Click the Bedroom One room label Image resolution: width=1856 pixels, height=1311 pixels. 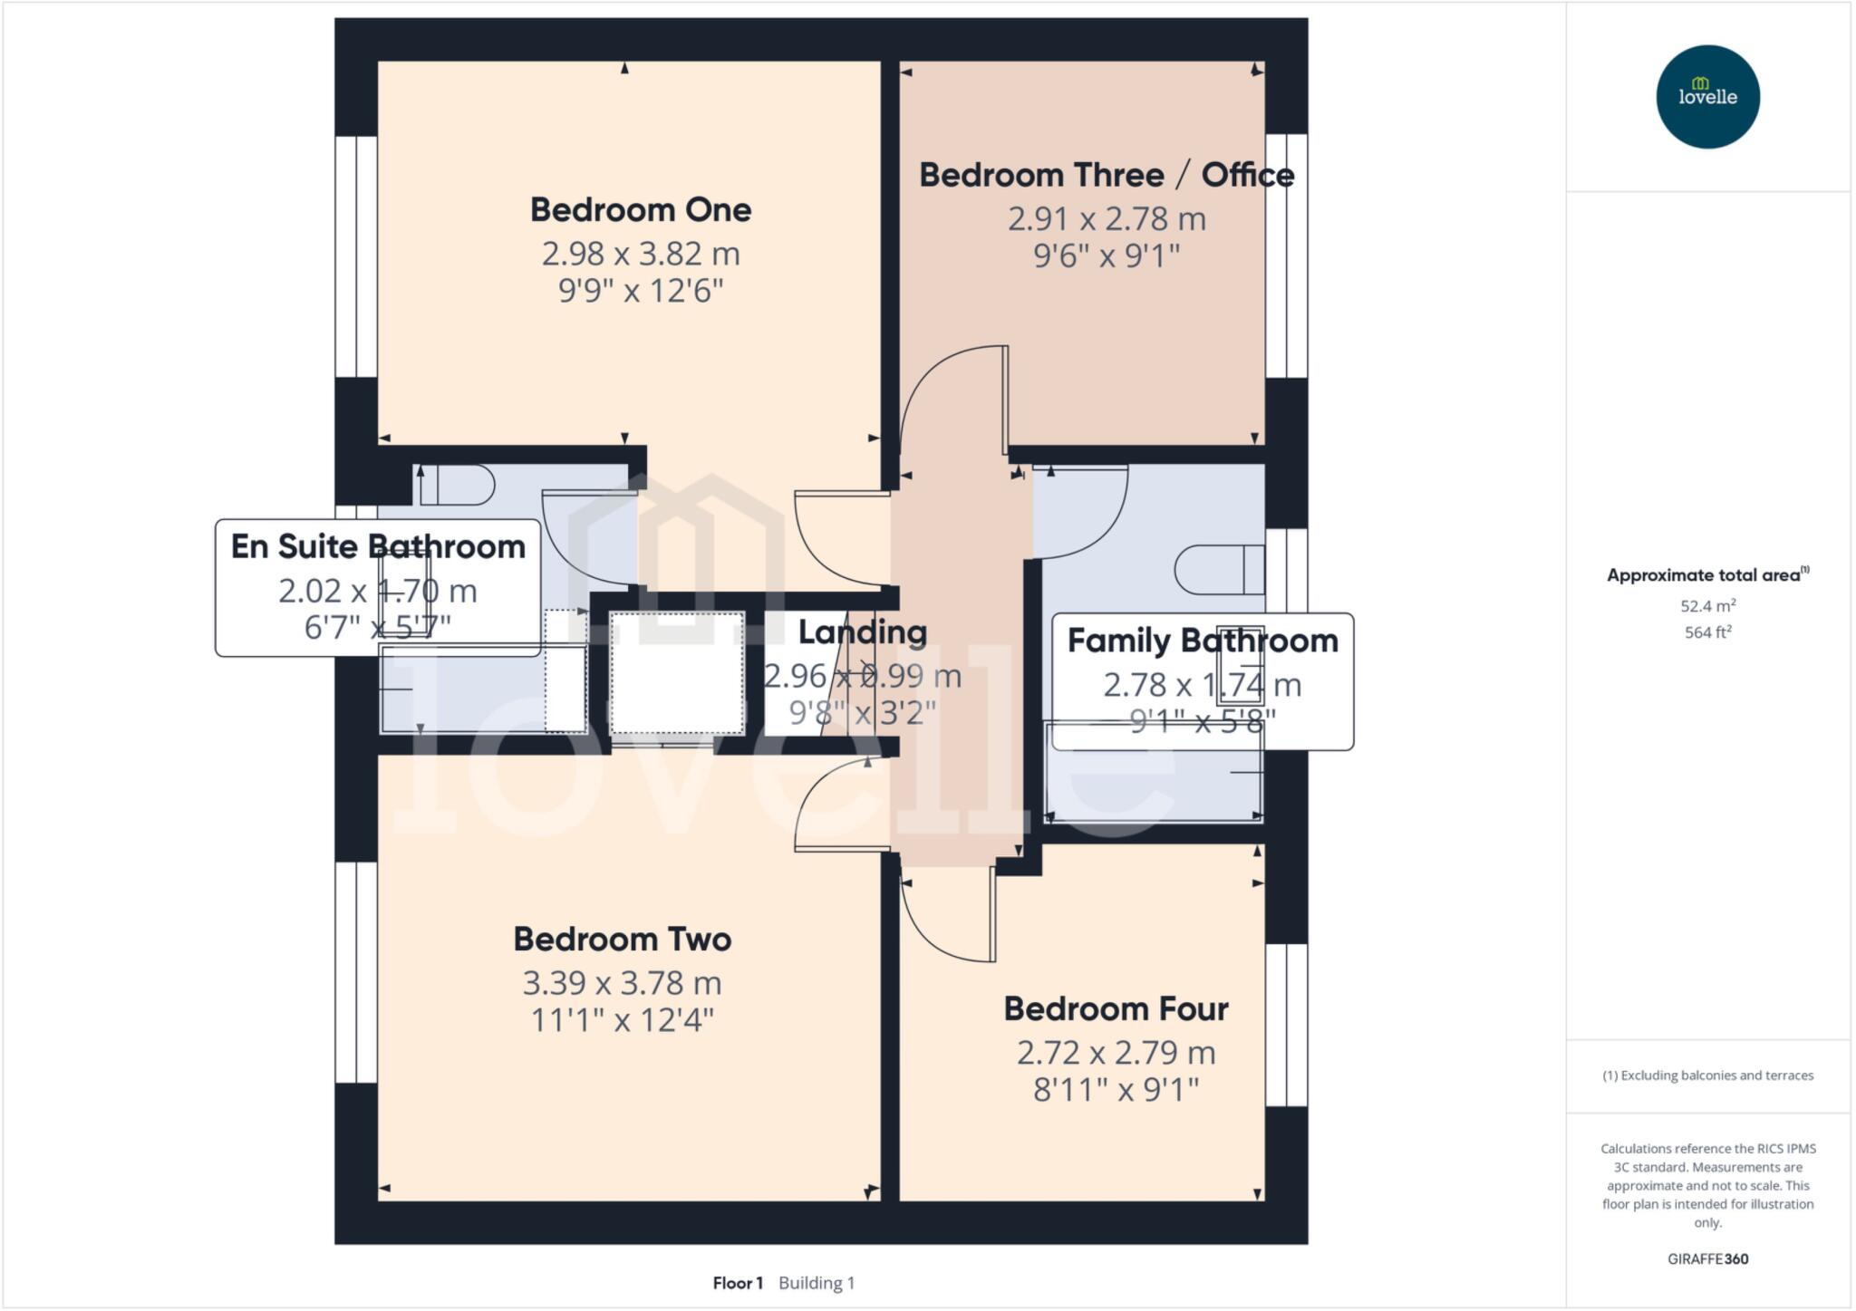640,210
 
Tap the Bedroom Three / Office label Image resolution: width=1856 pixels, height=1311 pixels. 1106,176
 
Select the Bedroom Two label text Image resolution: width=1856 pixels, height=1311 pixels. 622,940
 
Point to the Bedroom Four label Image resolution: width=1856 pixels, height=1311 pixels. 1116,1009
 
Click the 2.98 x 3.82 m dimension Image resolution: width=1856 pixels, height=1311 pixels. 641,254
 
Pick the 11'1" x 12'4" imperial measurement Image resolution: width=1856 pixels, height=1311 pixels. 622,1021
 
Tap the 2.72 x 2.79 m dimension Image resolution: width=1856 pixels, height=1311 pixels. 1116,1053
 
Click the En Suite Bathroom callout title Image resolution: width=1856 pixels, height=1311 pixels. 378,547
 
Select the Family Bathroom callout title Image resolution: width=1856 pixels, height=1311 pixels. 1202,641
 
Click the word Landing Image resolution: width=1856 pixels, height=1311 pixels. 862,632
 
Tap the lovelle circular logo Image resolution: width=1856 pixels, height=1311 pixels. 1707,97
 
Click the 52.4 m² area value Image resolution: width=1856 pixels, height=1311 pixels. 1707,606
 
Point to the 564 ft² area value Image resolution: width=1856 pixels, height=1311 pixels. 1707,632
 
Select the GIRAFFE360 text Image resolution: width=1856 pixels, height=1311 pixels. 1707,1259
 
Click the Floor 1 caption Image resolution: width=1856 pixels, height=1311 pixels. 738,1283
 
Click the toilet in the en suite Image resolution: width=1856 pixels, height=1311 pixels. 456,486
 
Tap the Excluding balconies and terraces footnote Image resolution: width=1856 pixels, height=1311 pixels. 1707,1076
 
